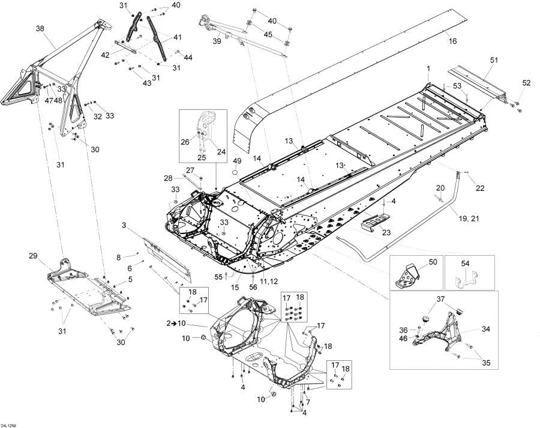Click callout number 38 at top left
(x=40, y=28)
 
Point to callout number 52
(x=526, y=83)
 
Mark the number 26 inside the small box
(x=185, y=142)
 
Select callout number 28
(x=168, y=178)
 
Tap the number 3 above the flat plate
(x=124, y=225)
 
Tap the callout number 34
(x=486, y=330)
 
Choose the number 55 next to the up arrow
(x=218, y=277)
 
